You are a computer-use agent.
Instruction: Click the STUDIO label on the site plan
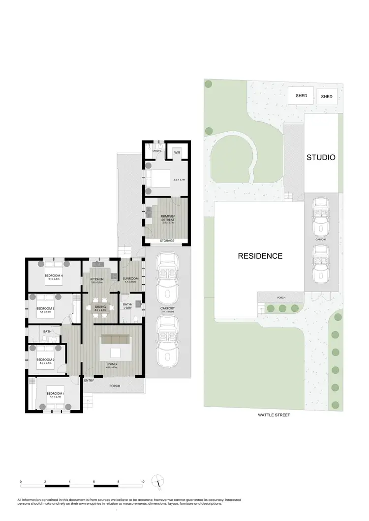tap(321, 158)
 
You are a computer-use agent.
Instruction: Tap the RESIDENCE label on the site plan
tap(260, 256)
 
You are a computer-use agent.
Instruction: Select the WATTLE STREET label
tap(274, 415)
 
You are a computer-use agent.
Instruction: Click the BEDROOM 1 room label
tap(55, 394)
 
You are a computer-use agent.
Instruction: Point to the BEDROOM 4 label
tap(54, 276)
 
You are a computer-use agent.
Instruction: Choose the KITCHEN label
tap(96, 279)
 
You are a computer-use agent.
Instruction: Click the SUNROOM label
tap(131, 279)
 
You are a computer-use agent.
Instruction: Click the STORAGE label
tap(167, 241)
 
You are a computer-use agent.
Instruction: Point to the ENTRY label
tap(89, 381)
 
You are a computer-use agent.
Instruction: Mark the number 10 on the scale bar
tap(142, 482)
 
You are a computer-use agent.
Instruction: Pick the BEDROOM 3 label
tap(45, 309)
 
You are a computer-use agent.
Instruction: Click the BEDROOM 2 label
tap(45, 360)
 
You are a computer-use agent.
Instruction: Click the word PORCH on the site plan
tap(281, 298)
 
